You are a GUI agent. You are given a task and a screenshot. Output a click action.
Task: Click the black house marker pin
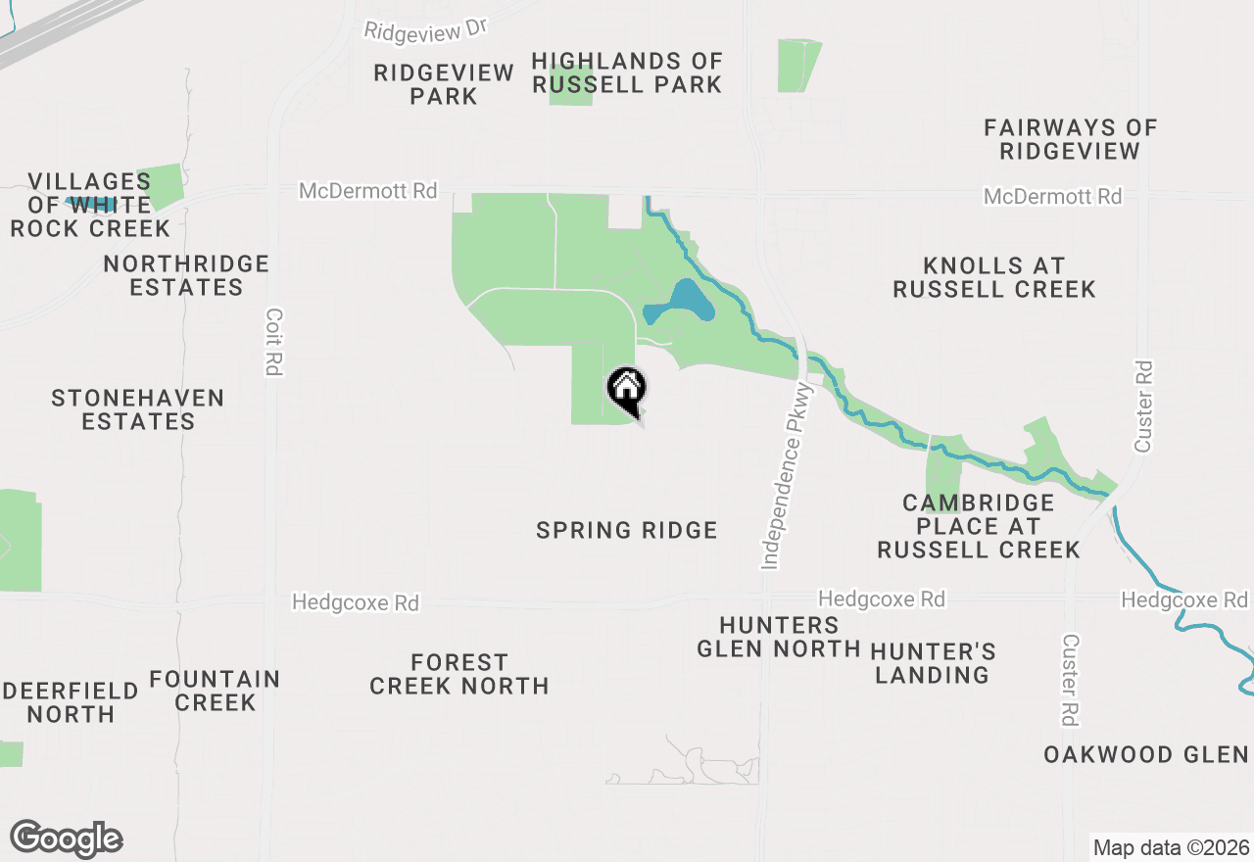[x=627, y=390]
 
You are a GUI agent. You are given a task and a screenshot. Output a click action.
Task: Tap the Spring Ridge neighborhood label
[x=627, y=531]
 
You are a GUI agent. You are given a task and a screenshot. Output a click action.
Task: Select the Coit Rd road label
[x=273, y=343]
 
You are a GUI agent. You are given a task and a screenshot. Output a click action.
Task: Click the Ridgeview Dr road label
[x=425, y=29]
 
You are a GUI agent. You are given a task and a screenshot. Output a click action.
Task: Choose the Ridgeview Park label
[x=444, y=84]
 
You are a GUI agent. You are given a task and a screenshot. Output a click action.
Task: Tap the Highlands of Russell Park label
[x=627, y=73]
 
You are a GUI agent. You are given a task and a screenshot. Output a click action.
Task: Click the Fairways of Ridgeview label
[x=1070, y=139]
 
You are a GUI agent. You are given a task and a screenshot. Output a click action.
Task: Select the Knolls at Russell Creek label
[x=993, y=277]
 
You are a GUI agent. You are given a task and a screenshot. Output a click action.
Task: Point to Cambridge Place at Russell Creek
[x=978, y=526]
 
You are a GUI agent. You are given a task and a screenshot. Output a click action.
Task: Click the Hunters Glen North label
[x=779, y=637]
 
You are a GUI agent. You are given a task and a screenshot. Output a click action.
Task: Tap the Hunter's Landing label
[x=932, y=663]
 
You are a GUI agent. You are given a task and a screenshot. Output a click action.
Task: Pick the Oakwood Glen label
[x=1145, y=755]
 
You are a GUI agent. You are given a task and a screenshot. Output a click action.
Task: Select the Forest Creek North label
[x=458, y=675]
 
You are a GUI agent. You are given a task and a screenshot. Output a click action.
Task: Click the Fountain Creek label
[x=215, y=691]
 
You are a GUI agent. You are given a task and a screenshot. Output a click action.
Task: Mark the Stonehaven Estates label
[x=138, y=409]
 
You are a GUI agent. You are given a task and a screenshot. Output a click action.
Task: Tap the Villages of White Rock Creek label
[x=90, y=205]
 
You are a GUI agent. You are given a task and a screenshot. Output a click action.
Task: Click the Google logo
[x=66, y=839]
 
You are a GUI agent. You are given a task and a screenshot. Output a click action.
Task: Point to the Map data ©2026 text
[x=1171, y=847]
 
